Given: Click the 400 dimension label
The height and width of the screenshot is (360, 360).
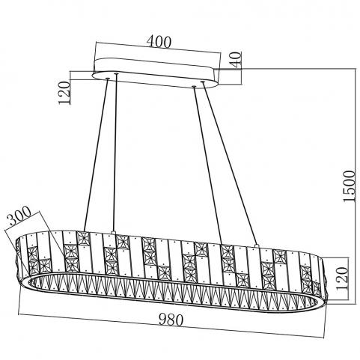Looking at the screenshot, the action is coord(159,42).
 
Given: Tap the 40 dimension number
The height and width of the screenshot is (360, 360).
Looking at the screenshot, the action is coord(236,60).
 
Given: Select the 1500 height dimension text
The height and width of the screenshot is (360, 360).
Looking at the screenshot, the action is coord(348,186).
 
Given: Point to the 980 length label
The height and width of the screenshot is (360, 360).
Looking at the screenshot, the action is coord(171,320).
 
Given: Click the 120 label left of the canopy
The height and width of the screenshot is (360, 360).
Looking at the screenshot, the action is coord(64,93).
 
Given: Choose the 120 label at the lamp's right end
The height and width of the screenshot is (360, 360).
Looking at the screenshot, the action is coord(342,278).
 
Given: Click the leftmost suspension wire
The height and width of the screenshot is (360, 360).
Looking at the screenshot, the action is coord(96,155).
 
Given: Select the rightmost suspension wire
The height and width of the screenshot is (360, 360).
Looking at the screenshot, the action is coord(229,162).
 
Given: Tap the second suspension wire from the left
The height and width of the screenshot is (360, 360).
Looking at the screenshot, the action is coord(115,153).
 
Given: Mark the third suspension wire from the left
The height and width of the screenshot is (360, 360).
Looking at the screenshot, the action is coord(207,165).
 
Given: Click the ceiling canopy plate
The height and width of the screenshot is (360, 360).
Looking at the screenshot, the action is coord(156,73).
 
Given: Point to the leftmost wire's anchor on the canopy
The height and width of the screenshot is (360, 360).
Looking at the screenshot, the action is coord(108,79).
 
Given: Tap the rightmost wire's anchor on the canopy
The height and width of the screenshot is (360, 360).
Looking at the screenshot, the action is coord(203,82).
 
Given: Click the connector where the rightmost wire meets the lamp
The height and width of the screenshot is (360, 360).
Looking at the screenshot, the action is coord(257,245).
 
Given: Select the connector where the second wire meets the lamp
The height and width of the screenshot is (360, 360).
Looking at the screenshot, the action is coord(114,233).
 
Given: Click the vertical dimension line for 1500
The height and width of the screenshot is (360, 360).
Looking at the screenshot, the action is coord(356,186).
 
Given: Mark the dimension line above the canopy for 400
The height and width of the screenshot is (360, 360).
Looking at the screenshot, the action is coord(159,48).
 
